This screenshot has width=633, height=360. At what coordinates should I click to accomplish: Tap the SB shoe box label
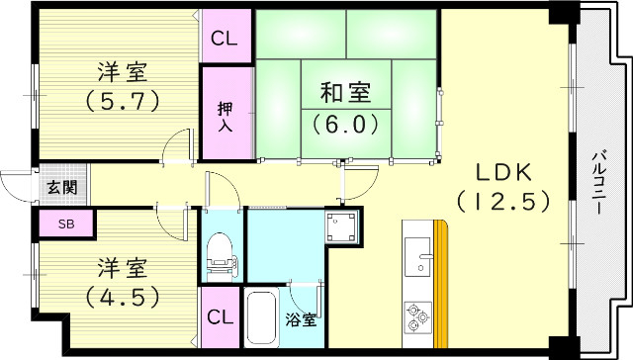65,225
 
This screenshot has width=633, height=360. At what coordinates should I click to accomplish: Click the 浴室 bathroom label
303,319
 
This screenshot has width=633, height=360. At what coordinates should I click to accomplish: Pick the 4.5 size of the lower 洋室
124,295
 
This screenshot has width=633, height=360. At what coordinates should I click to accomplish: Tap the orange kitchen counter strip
441,287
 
